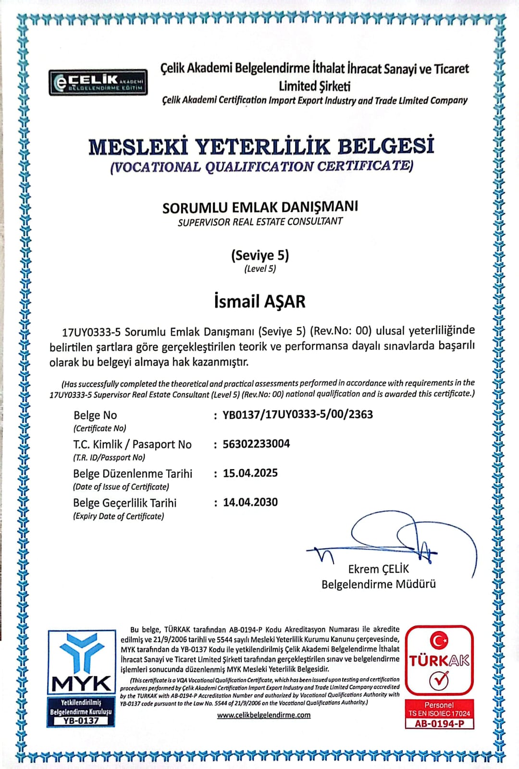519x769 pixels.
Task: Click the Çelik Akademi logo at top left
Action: (x=98, y=83)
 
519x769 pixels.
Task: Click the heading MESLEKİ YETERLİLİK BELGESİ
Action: (x=261, y=147)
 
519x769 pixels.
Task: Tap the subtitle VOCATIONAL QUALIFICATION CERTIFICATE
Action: (x=261, y=167)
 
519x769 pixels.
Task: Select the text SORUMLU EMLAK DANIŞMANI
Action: (x=260, y=207)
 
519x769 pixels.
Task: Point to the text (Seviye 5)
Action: (x=260, y=255)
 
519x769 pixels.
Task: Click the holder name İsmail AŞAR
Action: (x=259, y=302)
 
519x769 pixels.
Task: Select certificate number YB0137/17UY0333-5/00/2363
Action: (x=297, y=414)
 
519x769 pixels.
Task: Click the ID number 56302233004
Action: (x=256, y=444)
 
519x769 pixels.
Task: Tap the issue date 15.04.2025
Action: (x=250, y=473)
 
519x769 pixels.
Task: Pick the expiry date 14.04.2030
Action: (x=250, y=502)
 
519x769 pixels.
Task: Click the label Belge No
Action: (x=95, y=415)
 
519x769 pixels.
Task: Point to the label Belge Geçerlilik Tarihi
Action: (x=124, y=503)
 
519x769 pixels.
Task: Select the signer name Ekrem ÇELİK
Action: (x=378, y=569)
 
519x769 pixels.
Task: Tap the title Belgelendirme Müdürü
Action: (x=378, y=584)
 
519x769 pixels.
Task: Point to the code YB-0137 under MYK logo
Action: (x=81, y=720)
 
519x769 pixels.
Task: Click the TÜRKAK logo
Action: (x=439, y=660)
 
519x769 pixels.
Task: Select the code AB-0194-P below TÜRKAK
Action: (x=439, y=723)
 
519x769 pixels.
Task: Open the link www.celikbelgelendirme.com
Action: (x=263, y=715)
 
